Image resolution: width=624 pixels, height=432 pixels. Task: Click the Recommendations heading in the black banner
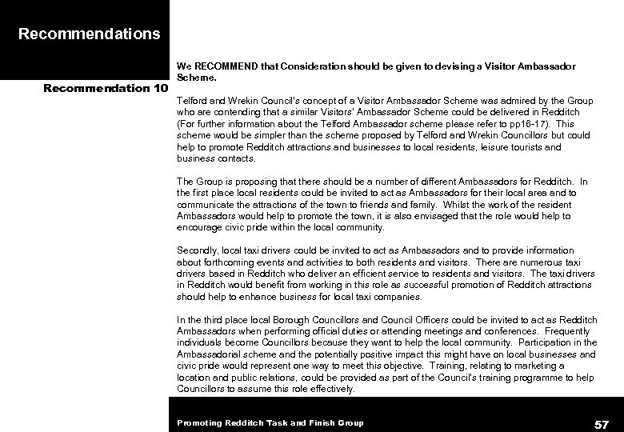89,34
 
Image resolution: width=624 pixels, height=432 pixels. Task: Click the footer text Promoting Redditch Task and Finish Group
270,422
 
